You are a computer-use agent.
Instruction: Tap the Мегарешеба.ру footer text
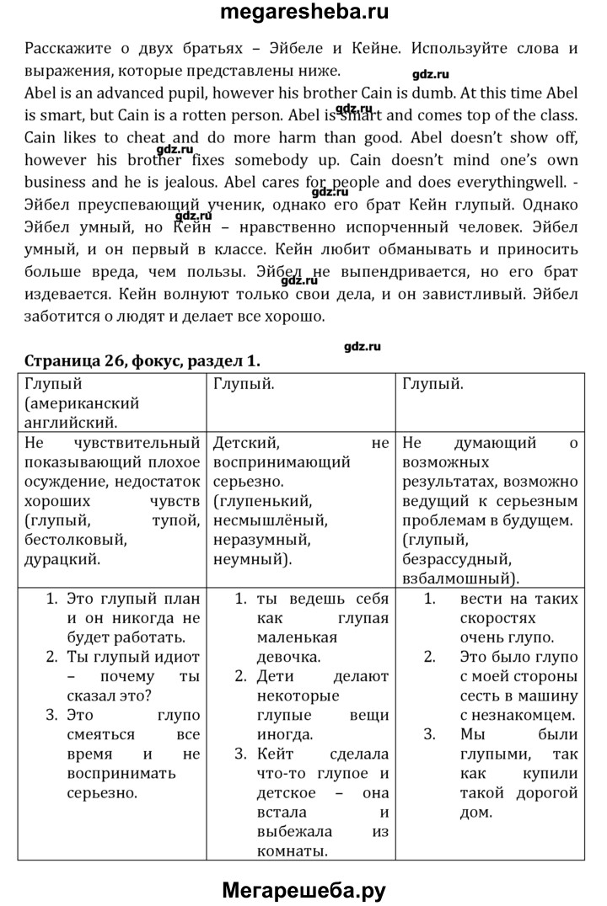(x=303, y=889)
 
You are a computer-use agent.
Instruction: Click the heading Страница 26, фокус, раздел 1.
(x=142, y=360)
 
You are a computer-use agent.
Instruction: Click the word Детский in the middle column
(x=246, y=443)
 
